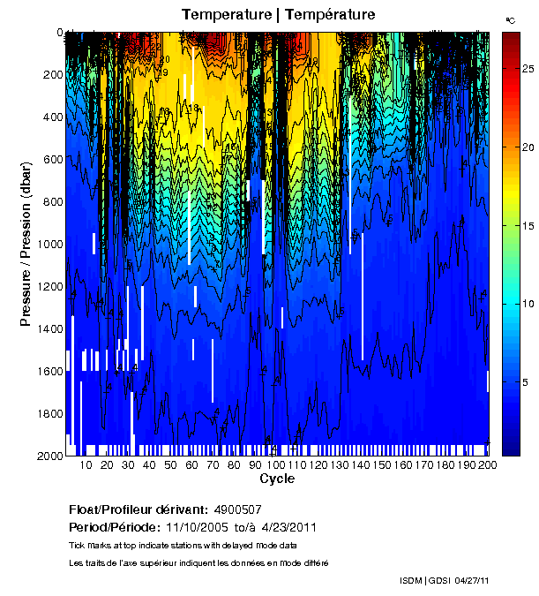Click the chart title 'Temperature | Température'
tap(279, 14)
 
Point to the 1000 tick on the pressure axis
tap(49, 245)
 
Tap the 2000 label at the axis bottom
tap(49, 456)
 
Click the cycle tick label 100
tap(277, 465)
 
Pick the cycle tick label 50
tap(171, 465)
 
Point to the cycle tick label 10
tap(86, 465)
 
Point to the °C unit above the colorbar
tap(510, 19)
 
